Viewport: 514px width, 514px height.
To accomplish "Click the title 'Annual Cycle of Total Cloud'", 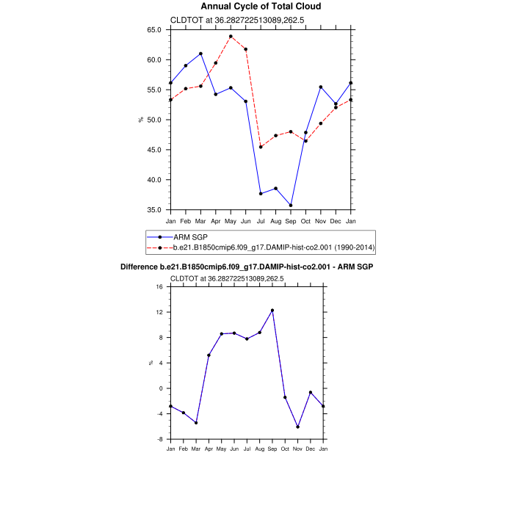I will pyautogui.click(x=261, y=7).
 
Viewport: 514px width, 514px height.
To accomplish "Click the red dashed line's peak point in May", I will pyautogui.click(x=231, y=36).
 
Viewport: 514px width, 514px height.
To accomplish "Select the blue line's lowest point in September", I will pyautogui.click(x=291, y=206).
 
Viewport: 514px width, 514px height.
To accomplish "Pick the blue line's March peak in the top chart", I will pyautogui.click(x=200, y=54).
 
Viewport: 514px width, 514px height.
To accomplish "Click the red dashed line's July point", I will pyautogui.click(x=261, y=147).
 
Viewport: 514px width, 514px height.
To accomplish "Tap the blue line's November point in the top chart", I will pyautogui.click(x=321, y=87).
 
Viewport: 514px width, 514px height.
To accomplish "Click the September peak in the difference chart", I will pyautogui.click(x=272, y=310).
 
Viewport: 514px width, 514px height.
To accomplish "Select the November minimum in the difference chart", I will pyautogui.click(x=297, y=427).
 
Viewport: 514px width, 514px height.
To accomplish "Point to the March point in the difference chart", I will pyautogui.click(x=196, y=422).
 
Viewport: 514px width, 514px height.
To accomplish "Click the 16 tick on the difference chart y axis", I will pyautogui.click(x=159, y=287).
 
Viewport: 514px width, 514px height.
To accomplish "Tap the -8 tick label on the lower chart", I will pyautogui.click(x=159, y=439).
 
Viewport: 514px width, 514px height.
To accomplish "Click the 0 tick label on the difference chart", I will pyautogui.click(x=161, y=388).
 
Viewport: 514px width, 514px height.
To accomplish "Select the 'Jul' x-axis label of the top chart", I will pyautogui.click(x=261, y=221).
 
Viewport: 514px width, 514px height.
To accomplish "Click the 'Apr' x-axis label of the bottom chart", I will pyautogui.click(x=209, y=448).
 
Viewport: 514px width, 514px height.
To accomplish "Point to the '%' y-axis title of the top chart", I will pyautogui.click(x=141, y=120).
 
